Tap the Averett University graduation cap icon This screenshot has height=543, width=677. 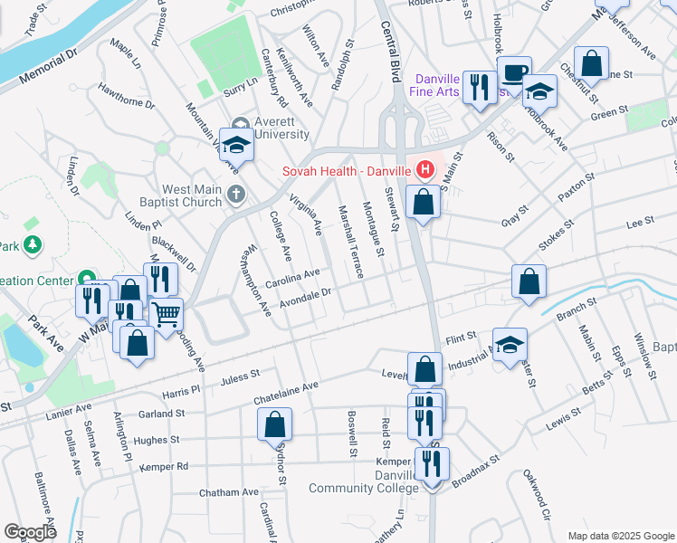(x=235, y=144)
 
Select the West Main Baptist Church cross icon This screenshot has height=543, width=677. (x=235, y=193)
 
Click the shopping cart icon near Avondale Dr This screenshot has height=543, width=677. (x=166, y=314)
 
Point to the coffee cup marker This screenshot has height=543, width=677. (x=515, y=72)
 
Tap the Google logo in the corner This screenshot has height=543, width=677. (x=30, y=531)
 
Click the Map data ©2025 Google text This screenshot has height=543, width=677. (x=620, y=536)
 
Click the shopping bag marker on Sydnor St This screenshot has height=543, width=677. (x=275, y=424)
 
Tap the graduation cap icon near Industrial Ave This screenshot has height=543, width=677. (x=510, y=344)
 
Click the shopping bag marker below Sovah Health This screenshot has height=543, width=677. (x=423, y=202)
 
